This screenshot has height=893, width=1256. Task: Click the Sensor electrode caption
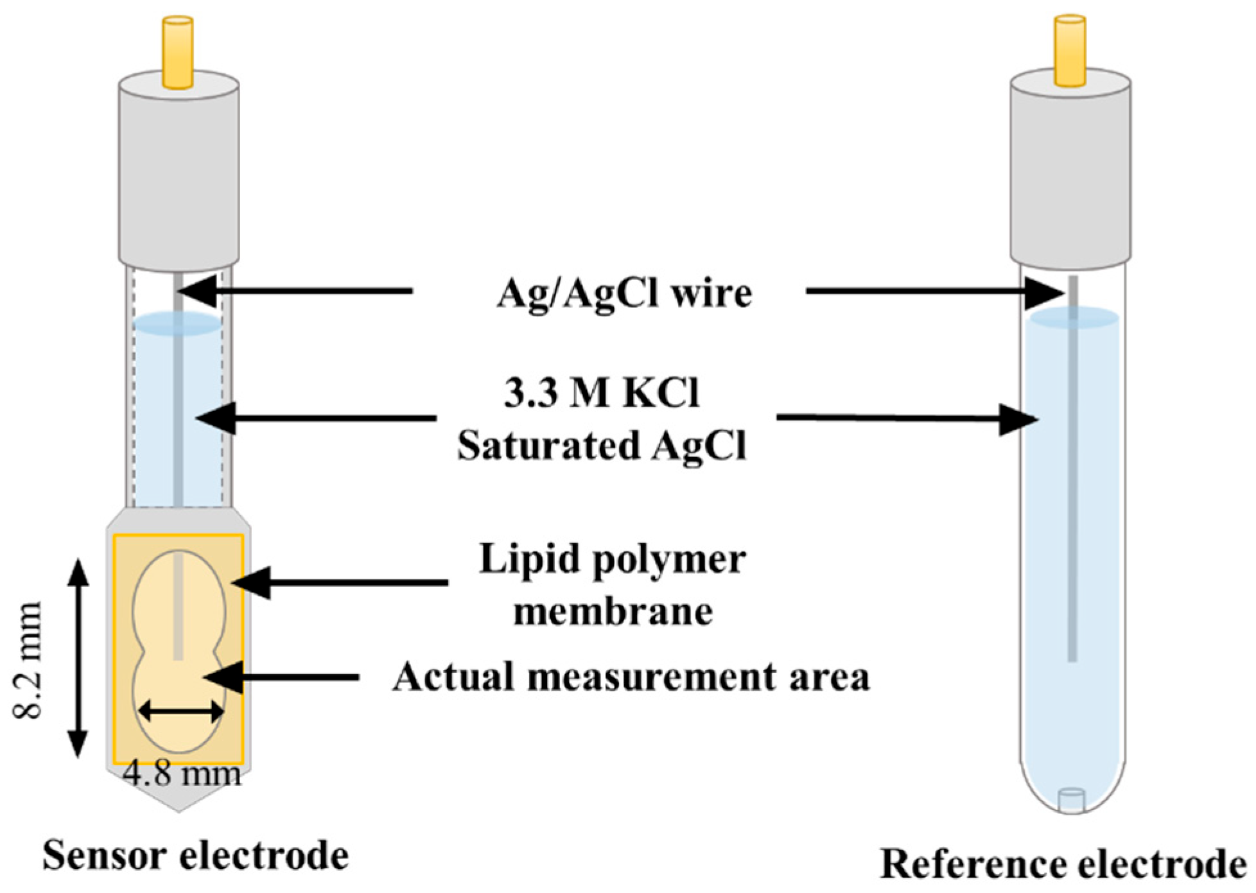pyautogui.click(x=195, y=855)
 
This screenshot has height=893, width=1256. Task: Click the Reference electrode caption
pyautogui.click(x=1063, y=863)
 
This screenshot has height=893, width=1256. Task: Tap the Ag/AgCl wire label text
pyautogui.click(x=624, y=294)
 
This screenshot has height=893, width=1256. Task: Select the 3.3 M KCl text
pyautogui.click(x=601, y=393)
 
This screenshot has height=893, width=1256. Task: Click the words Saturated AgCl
pyautogui.click(x=601, y=444)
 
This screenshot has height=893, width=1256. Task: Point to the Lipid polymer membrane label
pyautogui.click(x=613, y=584)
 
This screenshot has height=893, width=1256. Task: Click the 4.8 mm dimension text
pyautogui.click(x=182, y=773)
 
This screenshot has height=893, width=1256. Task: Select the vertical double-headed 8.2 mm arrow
pyautogui.click(x=78, y=659)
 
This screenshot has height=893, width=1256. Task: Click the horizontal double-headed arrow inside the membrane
pyautogui.click(x=182, y=711)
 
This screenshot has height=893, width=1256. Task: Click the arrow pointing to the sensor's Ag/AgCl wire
pyautogui.click(x=295, y=291)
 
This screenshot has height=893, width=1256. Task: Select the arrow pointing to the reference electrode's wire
pyautogui.click(x=934, y=292)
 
